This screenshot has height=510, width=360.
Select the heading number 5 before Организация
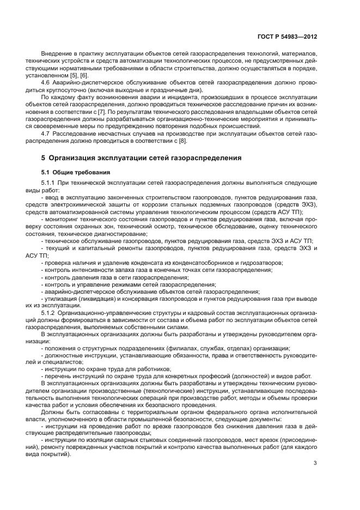click(44, 158)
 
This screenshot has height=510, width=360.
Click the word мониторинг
click(60, 219)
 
